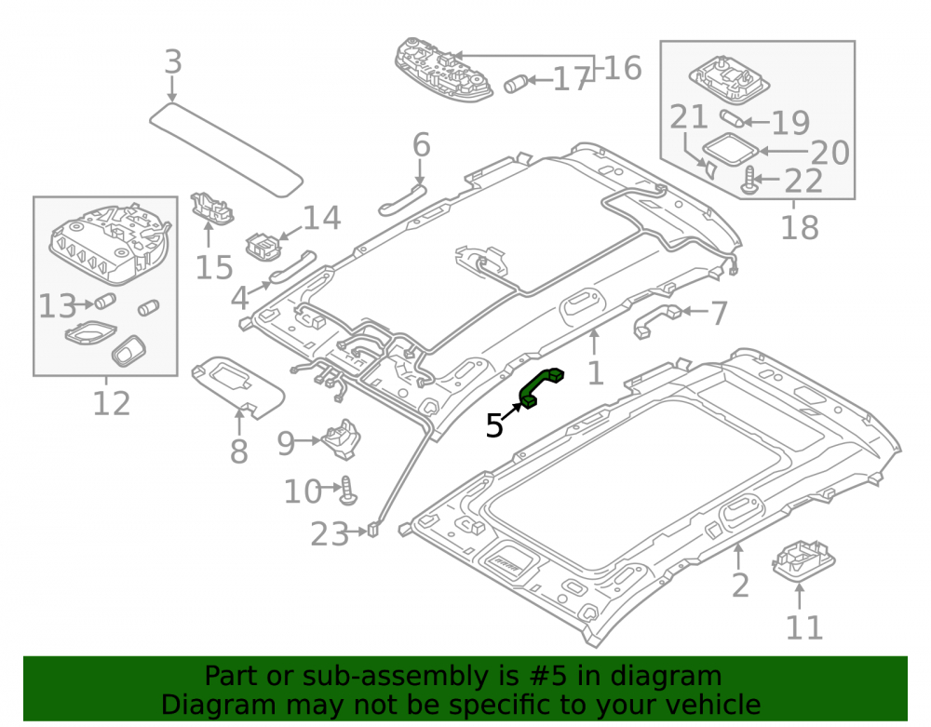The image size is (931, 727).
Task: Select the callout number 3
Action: pos(172,61)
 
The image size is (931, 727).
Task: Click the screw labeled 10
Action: pos(348,491)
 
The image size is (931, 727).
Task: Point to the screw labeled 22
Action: pos(749,181)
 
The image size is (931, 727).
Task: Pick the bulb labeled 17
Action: pos(516,84)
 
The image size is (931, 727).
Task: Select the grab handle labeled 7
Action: pos(657,320)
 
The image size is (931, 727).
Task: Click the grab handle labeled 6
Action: pos(403,199)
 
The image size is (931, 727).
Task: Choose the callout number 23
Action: pos(329,534)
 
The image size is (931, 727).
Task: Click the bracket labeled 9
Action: pos(341,439)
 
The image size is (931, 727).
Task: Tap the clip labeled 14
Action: pos(263,246)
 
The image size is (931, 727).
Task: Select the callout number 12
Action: pos(112,404)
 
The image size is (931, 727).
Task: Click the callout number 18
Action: pos(800,227)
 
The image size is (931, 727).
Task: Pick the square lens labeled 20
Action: pos(730,149)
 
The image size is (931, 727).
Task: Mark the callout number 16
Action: pos(623,68)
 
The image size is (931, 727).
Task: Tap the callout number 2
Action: pos(740,586)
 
